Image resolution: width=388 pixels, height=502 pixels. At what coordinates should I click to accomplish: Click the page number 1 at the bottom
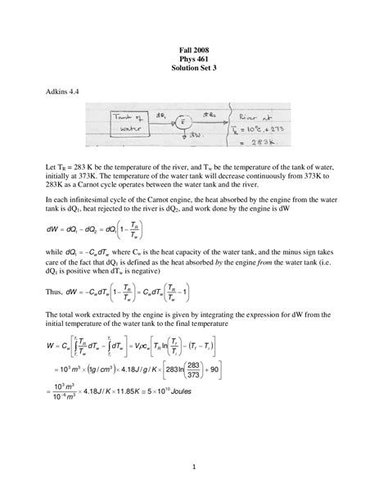click(194, 468)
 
